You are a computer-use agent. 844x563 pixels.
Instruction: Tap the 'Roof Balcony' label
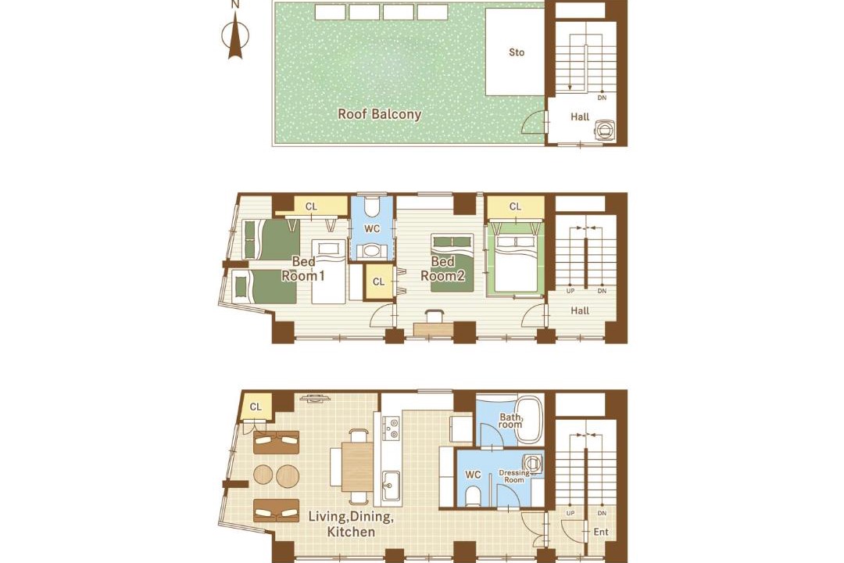(380, 114)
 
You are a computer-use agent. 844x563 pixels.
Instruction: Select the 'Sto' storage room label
(517, 52)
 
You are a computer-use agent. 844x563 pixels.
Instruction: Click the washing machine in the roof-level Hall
(605, 129)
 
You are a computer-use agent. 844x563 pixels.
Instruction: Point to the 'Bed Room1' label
(303, 269)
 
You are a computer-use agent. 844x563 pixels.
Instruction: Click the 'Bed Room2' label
(442, 269)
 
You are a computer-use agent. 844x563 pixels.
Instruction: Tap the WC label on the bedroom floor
(372, 229)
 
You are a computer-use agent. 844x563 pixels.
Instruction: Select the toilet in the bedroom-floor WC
(372, 207)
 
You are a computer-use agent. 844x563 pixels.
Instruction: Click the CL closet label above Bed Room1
(311, 206)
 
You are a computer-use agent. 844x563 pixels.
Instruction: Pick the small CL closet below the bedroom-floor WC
(379, 281)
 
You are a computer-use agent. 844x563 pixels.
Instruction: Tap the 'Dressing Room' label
(514, 476)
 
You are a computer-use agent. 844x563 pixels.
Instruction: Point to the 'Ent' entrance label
(601, 532)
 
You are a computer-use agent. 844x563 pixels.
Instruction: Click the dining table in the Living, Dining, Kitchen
(357, 466)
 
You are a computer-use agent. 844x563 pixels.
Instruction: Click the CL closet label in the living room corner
(256, 407)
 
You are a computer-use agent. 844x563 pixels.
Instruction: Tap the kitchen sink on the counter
(390, 484)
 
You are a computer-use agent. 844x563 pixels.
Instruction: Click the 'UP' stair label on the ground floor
(570, 514)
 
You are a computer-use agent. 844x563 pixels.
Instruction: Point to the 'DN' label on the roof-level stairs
(602, 98)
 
